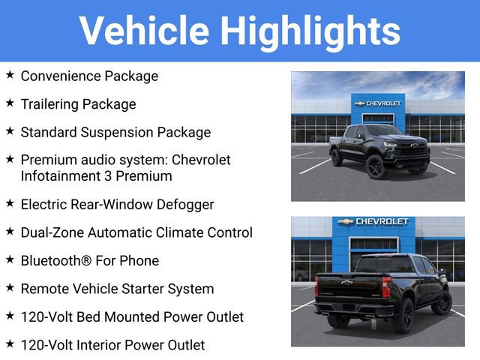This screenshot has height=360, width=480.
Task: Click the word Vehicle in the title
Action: tap(144, 31)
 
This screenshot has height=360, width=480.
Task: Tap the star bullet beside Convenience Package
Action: tap(10, 75)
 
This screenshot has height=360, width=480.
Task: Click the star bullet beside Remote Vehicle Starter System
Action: tap(10, 288)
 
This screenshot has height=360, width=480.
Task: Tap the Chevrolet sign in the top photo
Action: tap(378, 103)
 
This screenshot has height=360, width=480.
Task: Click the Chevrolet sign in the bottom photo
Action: tap(372, 222)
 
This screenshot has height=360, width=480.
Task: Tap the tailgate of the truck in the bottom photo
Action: tap(349, 288)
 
